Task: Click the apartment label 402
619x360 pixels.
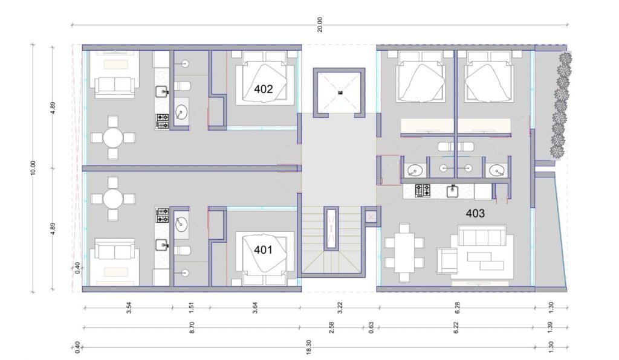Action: point(264,89)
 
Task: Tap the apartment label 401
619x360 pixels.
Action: point(263,249)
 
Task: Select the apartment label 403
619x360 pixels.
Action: point(475,213)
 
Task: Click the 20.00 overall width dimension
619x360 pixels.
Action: point(320,24)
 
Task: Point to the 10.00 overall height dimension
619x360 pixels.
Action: point(33,168)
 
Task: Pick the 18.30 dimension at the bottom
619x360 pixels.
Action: point(309,347)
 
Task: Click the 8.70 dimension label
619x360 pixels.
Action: point(192,327)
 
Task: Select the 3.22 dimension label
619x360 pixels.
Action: point(340,307)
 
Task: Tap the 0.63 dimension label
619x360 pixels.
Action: point(371,327)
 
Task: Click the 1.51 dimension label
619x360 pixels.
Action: point(192,307)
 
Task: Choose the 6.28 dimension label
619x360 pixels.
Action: point(457,307)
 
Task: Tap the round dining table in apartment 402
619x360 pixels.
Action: point(113,138)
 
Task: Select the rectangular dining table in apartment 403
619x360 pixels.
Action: point(404,252)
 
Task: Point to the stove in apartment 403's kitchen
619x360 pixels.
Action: point(423,191)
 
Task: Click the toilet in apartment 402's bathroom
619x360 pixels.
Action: point(183,86)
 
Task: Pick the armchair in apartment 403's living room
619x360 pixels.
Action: point(447,260)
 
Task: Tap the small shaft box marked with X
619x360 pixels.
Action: point(371,216)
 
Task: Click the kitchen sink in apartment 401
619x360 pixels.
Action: point(162,246)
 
